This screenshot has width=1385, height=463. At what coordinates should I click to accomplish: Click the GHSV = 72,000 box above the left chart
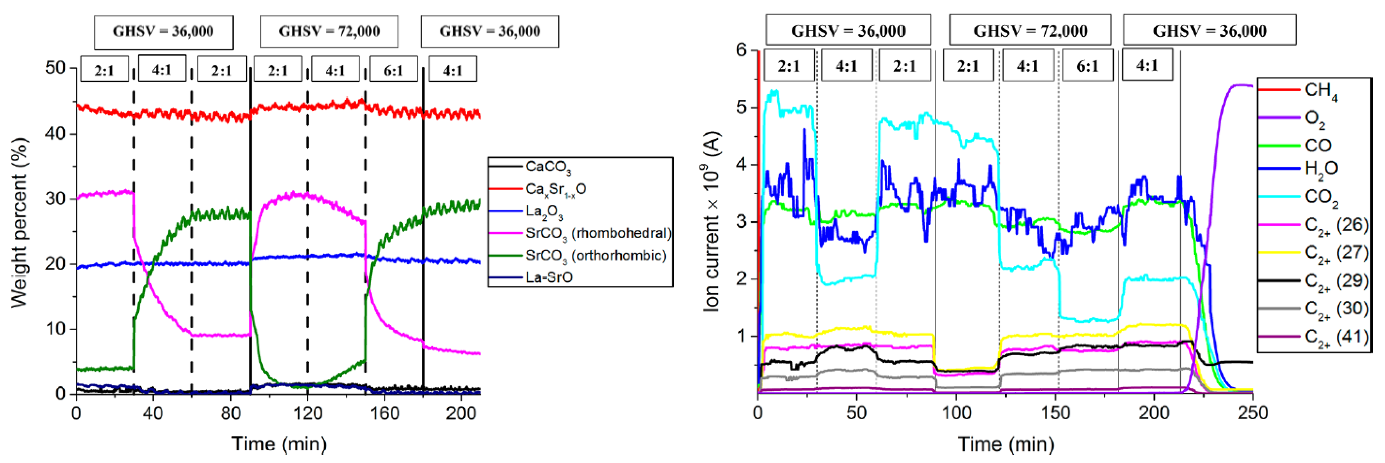[329, 32]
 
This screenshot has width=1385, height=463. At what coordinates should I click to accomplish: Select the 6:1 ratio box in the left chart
[393, 70]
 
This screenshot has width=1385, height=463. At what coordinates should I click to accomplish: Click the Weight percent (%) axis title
[19, 223]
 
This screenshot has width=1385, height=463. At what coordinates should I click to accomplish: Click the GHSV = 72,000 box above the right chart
[1030, 31]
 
